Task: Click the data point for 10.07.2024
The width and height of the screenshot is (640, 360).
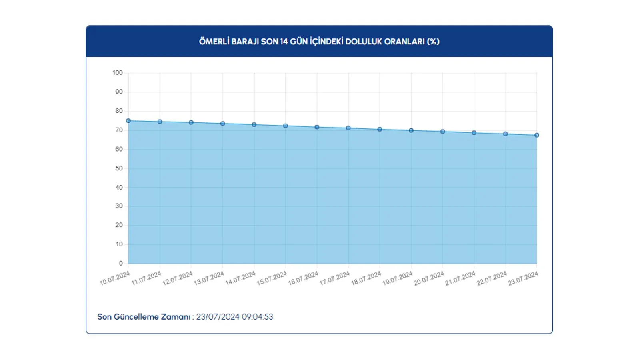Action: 128,121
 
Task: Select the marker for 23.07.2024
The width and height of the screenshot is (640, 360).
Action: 537,135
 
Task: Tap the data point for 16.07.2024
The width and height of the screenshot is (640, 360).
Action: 317,127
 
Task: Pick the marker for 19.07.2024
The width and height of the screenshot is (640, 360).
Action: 411,130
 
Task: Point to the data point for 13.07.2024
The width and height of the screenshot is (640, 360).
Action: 223,124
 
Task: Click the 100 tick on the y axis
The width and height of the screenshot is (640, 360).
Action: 118,73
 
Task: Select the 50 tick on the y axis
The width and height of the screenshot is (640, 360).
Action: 119,168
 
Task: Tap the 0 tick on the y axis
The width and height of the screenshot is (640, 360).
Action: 121,264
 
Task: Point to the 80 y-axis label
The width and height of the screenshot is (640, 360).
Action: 119,111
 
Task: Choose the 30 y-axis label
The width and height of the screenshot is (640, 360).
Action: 119,206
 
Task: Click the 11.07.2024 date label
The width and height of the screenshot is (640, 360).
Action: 146,278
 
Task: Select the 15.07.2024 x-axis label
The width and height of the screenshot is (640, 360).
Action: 272,278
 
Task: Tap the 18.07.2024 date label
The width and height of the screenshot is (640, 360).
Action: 366,278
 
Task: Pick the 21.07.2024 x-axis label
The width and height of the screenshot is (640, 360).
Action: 460,278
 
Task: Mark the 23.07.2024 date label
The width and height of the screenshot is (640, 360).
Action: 523,278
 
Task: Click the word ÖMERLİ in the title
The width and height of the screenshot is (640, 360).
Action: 214,42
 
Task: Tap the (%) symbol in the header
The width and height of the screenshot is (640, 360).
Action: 433,42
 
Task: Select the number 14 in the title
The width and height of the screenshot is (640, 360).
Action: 284,42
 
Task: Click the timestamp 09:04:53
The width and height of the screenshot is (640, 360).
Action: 257,317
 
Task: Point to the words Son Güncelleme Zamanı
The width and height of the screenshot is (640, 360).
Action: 144,317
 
